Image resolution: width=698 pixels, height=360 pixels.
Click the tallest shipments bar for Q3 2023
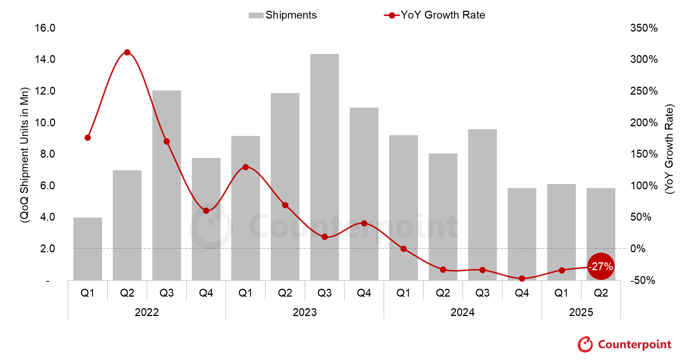pos(324,168)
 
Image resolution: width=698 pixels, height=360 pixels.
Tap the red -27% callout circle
pos(600,266)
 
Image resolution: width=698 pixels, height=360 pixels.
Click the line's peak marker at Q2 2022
pos(127,52)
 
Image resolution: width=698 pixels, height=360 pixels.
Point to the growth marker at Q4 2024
pos(522,278)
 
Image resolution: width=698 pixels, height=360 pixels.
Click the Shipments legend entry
pos(283,15)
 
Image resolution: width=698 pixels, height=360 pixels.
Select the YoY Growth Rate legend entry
pos(435,15)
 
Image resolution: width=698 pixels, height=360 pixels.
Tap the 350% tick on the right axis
pos(644,28)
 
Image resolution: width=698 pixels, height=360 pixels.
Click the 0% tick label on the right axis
pos(638,249)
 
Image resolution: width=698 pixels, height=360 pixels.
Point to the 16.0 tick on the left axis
pos(45,28)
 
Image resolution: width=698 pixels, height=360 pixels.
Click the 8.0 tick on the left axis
pos(47,154)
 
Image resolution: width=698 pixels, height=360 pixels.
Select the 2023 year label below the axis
pos(304,312)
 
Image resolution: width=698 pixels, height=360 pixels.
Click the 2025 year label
pos(581,312)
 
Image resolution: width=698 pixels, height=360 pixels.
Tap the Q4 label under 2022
pos(206,293)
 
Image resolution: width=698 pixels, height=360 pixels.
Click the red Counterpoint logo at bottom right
pos(625,344)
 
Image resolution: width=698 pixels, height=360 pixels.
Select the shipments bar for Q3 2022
pos(166,186)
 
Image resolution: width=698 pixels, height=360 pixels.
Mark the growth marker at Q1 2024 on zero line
pos(403,249)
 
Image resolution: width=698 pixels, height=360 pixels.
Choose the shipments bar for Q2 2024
pos(443,216)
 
